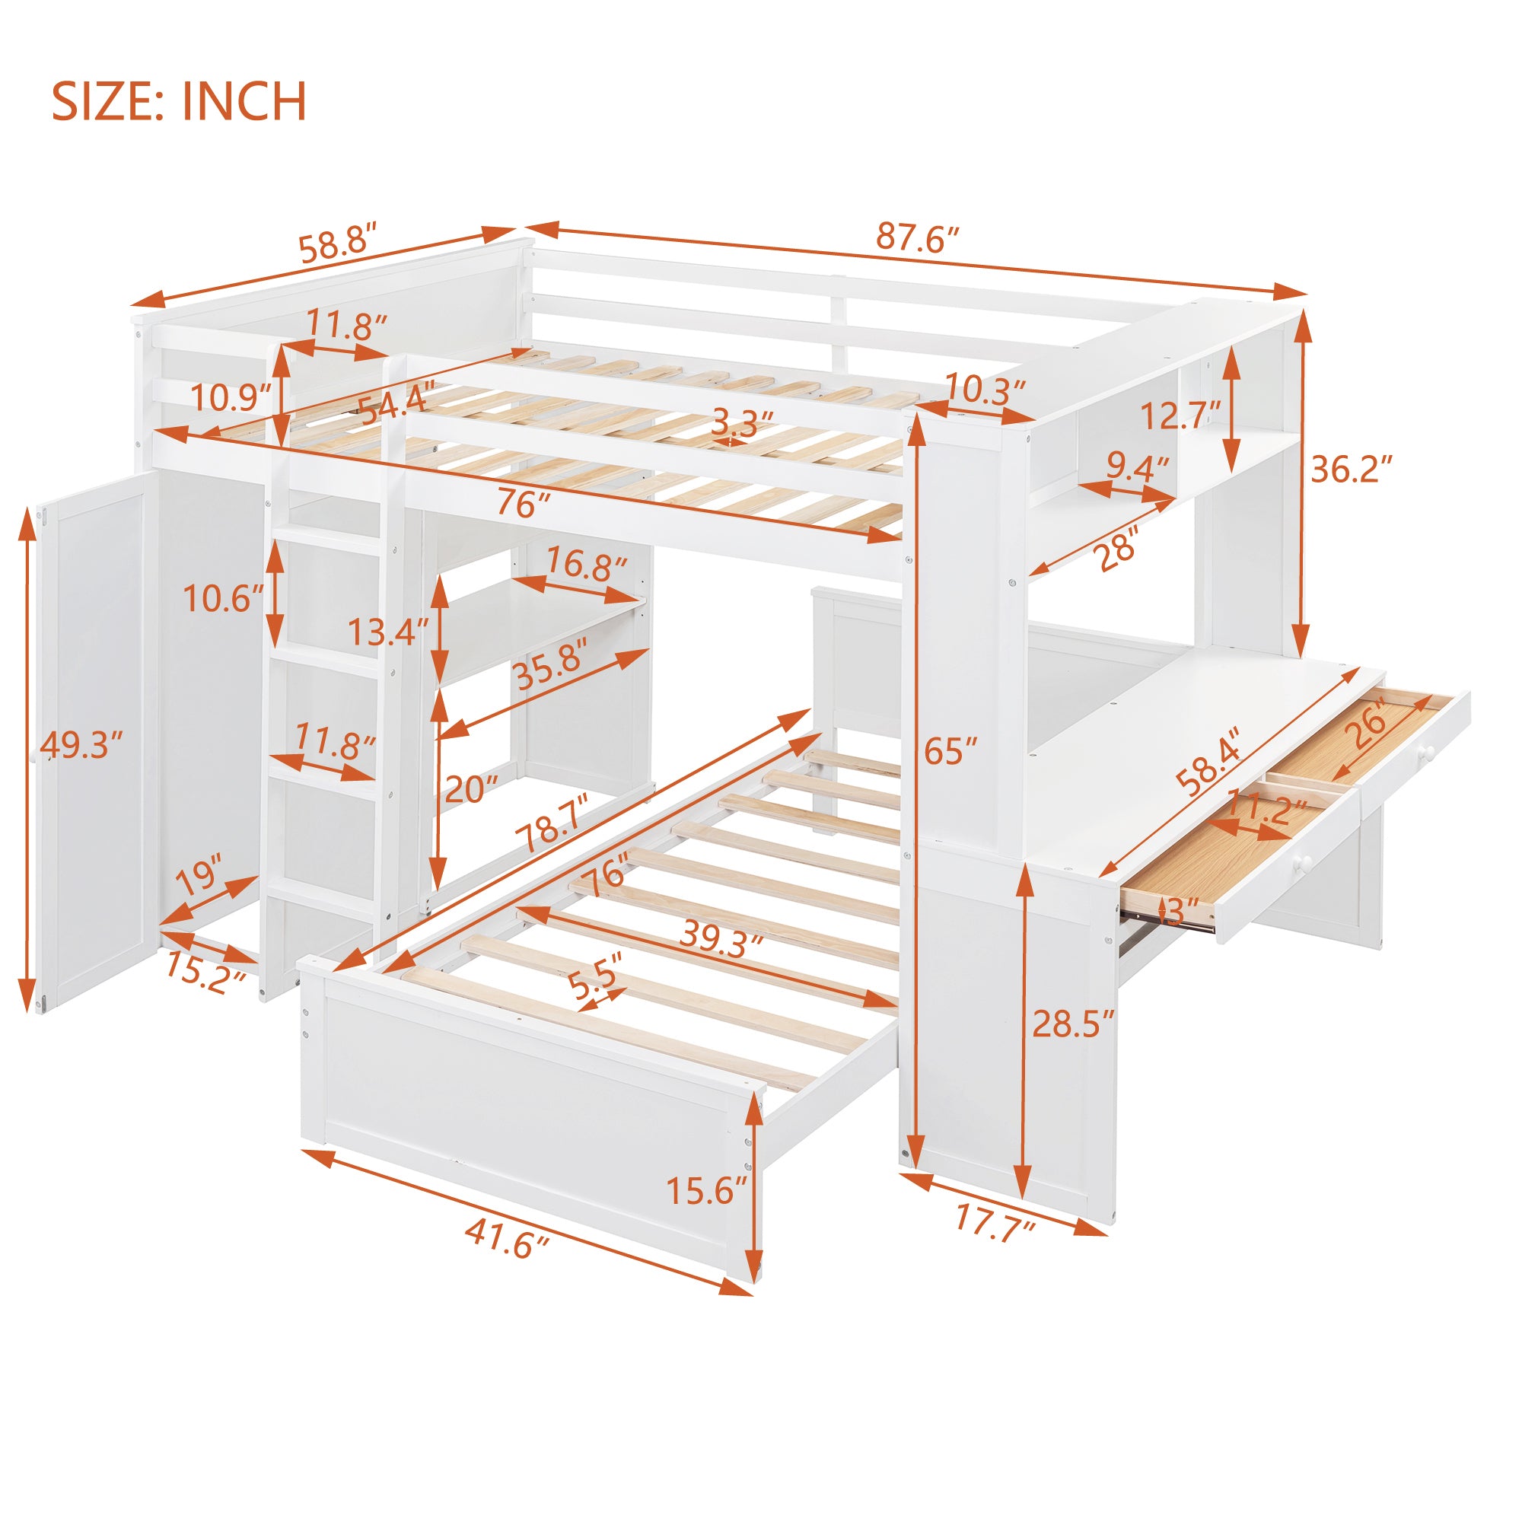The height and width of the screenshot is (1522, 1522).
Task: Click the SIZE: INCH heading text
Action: click(x=179, y=102)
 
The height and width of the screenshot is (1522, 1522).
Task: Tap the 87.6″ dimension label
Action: click(x=918, y=237)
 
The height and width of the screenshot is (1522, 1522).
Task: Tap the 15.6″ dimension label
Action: click(x=706, y=1190)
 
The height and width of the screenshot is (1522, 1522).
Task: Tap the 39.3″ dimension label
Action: click(x=721, y=939)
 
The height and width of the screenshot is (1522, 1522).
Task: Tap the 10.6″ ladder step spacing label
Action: click(x=223, y=599)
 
